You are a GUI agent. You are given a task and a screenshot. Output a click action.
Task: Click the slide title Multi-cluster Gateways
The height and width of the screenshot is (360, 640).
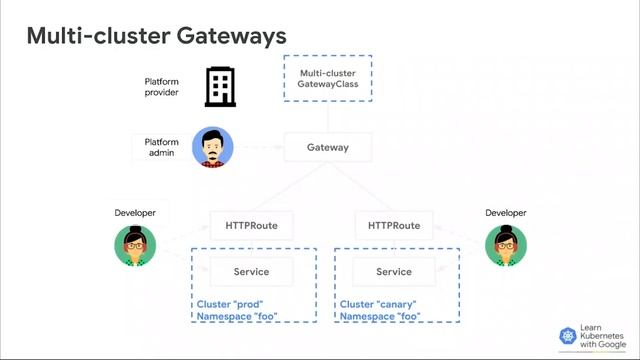156,36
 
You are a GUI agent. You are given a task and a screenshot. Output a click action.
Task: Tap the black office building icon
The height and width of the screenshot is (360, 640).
220,87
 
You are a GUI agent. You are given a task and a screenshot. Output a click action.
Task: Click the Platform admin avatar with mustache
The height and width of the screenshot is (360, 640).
212,148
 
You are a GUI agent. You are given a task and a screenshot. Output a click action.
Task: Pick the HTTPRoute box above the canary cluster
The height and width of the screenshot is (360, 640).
394,225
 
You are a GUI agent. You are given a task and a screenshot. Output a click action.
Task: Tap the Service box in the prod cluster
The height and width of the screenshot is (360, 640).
251,271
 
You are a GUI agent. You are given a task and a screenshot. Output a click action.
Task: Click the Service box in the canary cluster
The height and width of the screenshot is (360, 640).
394,271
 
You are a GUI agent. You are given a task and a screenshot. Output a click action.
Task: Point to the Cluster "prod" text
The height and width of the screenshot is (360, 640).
230,304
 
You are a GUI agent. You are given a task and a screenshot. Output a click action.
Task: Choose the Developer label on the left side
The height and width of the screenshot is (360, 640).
135,213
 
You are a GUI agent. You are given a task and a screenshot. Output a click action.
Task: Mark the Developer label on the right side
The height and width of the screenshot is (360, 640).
505,213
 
